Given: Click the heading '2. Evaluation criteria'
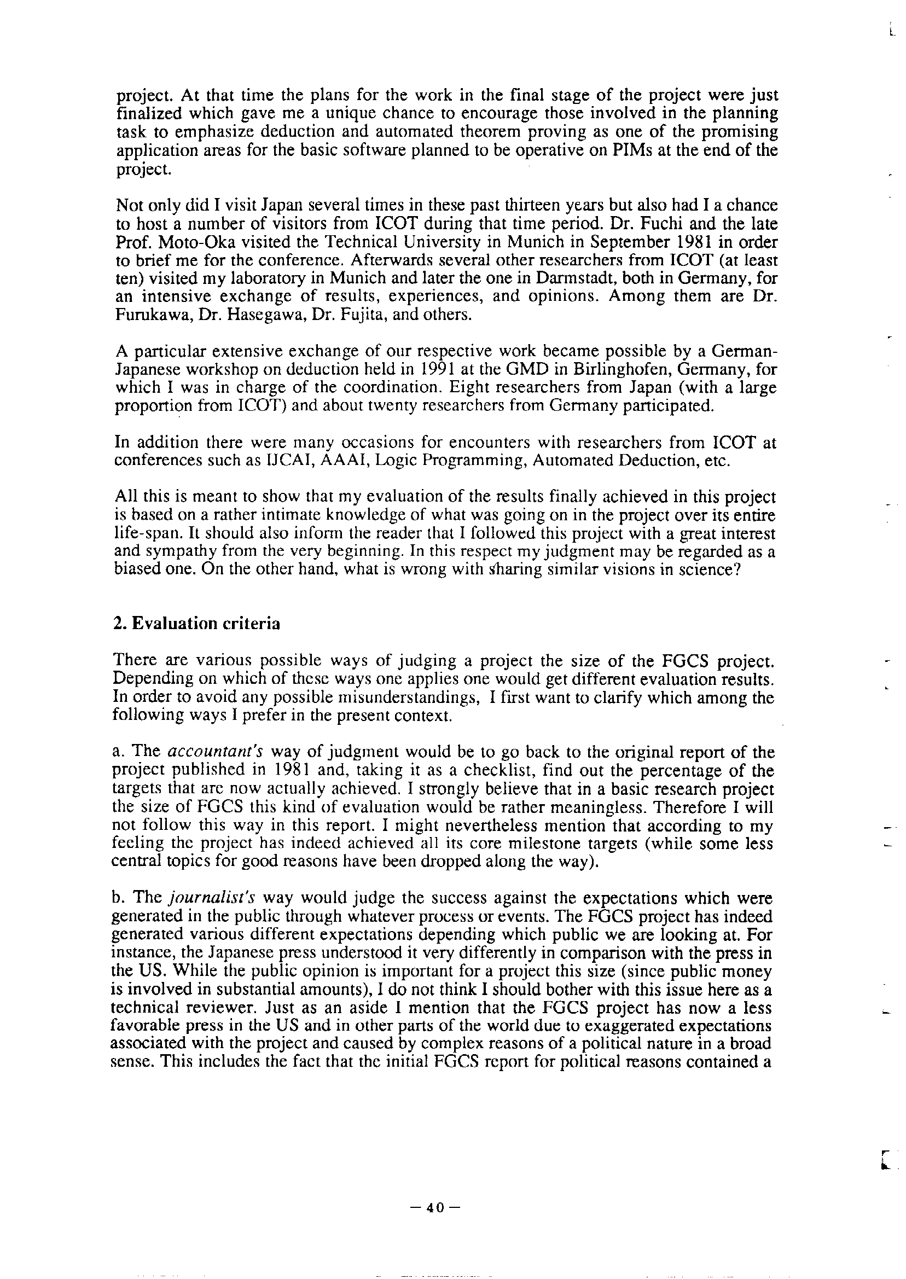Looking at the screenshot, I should [196, 623].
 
